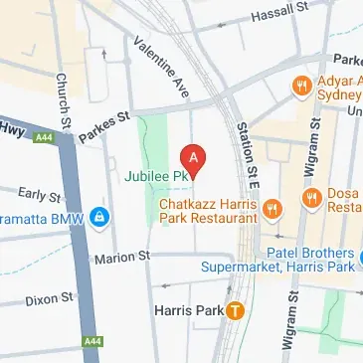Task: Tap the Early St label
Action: (x=39, y=196)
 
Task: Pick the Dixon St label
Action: (x=49, y=297)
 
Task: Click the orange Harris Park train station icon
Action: (x=235, y=310)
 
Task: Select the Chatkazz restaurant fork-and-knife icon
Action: (x=276, y=209)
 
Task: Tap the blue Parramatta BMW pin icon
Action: (x=99, y=216)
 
